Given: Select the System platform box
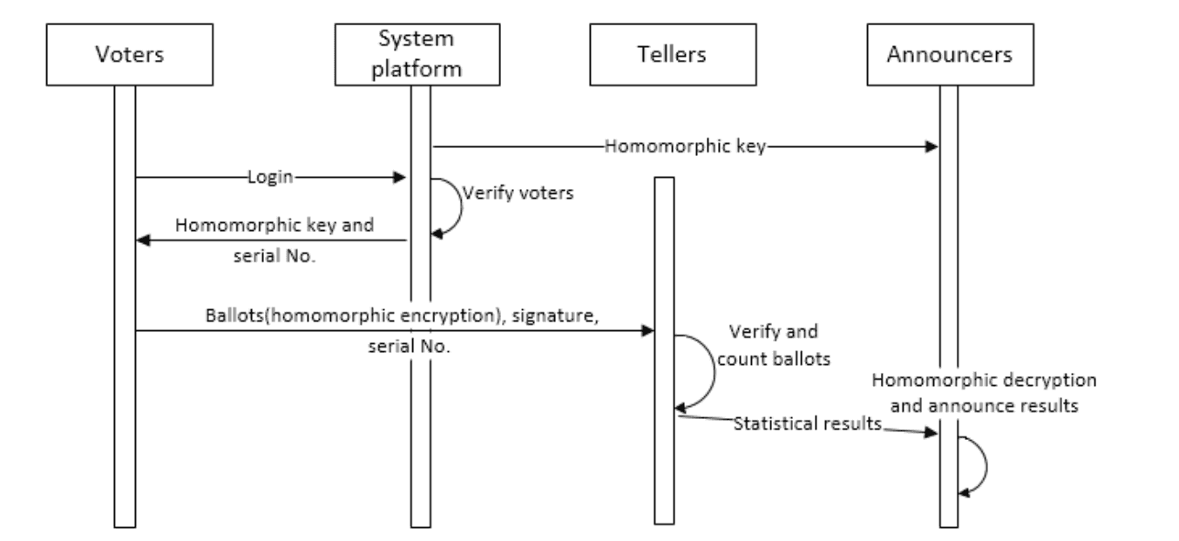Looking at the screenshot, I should point(420,54).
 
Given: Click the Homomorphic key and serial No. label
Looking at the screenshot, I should point(274,236).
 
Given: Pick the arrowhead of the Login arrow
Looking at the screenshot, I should point(402,178).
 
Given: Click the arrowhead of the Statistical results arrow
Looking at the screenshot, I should point(932,432).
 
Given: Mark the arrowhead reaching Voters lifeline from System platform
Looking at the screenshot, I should point(142,240).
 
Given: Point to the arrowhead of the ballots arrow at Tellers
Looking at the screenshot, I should point(647,330).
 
